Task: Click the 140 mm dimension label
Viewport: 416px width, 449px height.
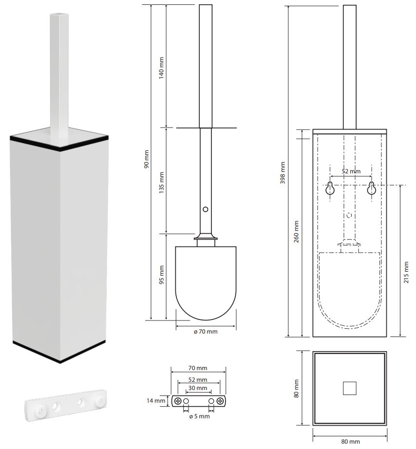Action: (161, 68)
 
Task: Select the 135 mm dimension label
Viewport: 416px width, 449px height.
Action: (161, 183)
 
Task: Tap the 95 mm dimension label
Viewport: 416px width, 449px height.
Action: (162, 275)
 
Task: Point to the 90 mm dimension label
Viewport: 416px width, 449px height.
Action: (147, 159)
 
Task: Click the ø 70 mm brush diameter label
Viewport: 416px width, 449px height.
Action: (206, 332)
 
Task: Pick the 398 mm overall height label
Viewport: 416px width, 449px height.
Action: (283, 173)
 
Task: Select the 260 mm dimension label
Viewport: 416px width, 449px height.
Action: (296, 231)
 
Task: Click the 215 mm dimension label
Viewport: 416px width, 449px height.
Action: (406, 272)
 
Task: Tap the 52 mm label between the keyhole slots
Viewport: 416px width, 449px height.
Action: (351, 171)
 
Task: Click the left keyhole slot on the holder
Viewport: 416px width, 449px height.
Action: (330, 188)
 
